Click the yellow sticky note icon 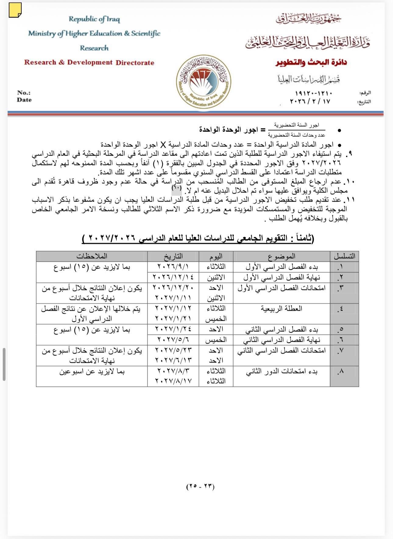point(15,10)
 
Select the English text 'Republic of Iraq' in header point(94,19)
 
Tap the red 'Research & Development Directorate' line point(89,62)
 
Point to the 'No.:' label point(24,93)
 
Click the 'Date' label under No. point(24,100)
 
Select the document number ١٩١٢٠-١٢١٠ point(313,93)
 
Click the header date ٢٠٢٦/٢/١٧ point(310,101)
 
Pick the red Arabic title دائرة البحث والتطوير point(311,62)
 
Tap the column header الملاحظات point(92,256)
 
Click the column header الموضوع point(281,256)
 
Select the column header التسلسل point(344,256)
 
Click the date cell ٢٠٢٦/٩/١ point(173,267)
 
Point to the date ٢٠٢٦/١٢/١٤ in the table point(173,277)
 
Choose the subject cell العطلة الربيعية point(281,309)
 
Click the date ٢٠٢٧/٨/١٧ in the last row point(173,381)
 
